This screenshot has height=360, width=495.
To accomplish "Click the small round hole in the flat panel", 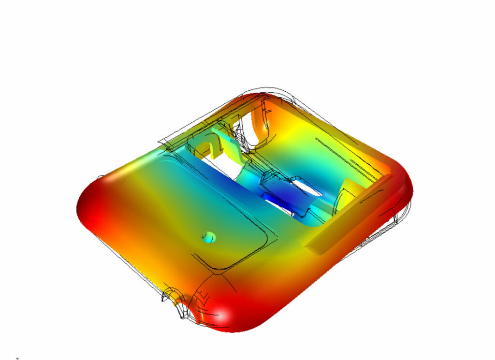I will coord(208,237).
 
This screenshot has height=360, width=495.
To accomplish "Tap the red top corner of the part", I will coord(263,97).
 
